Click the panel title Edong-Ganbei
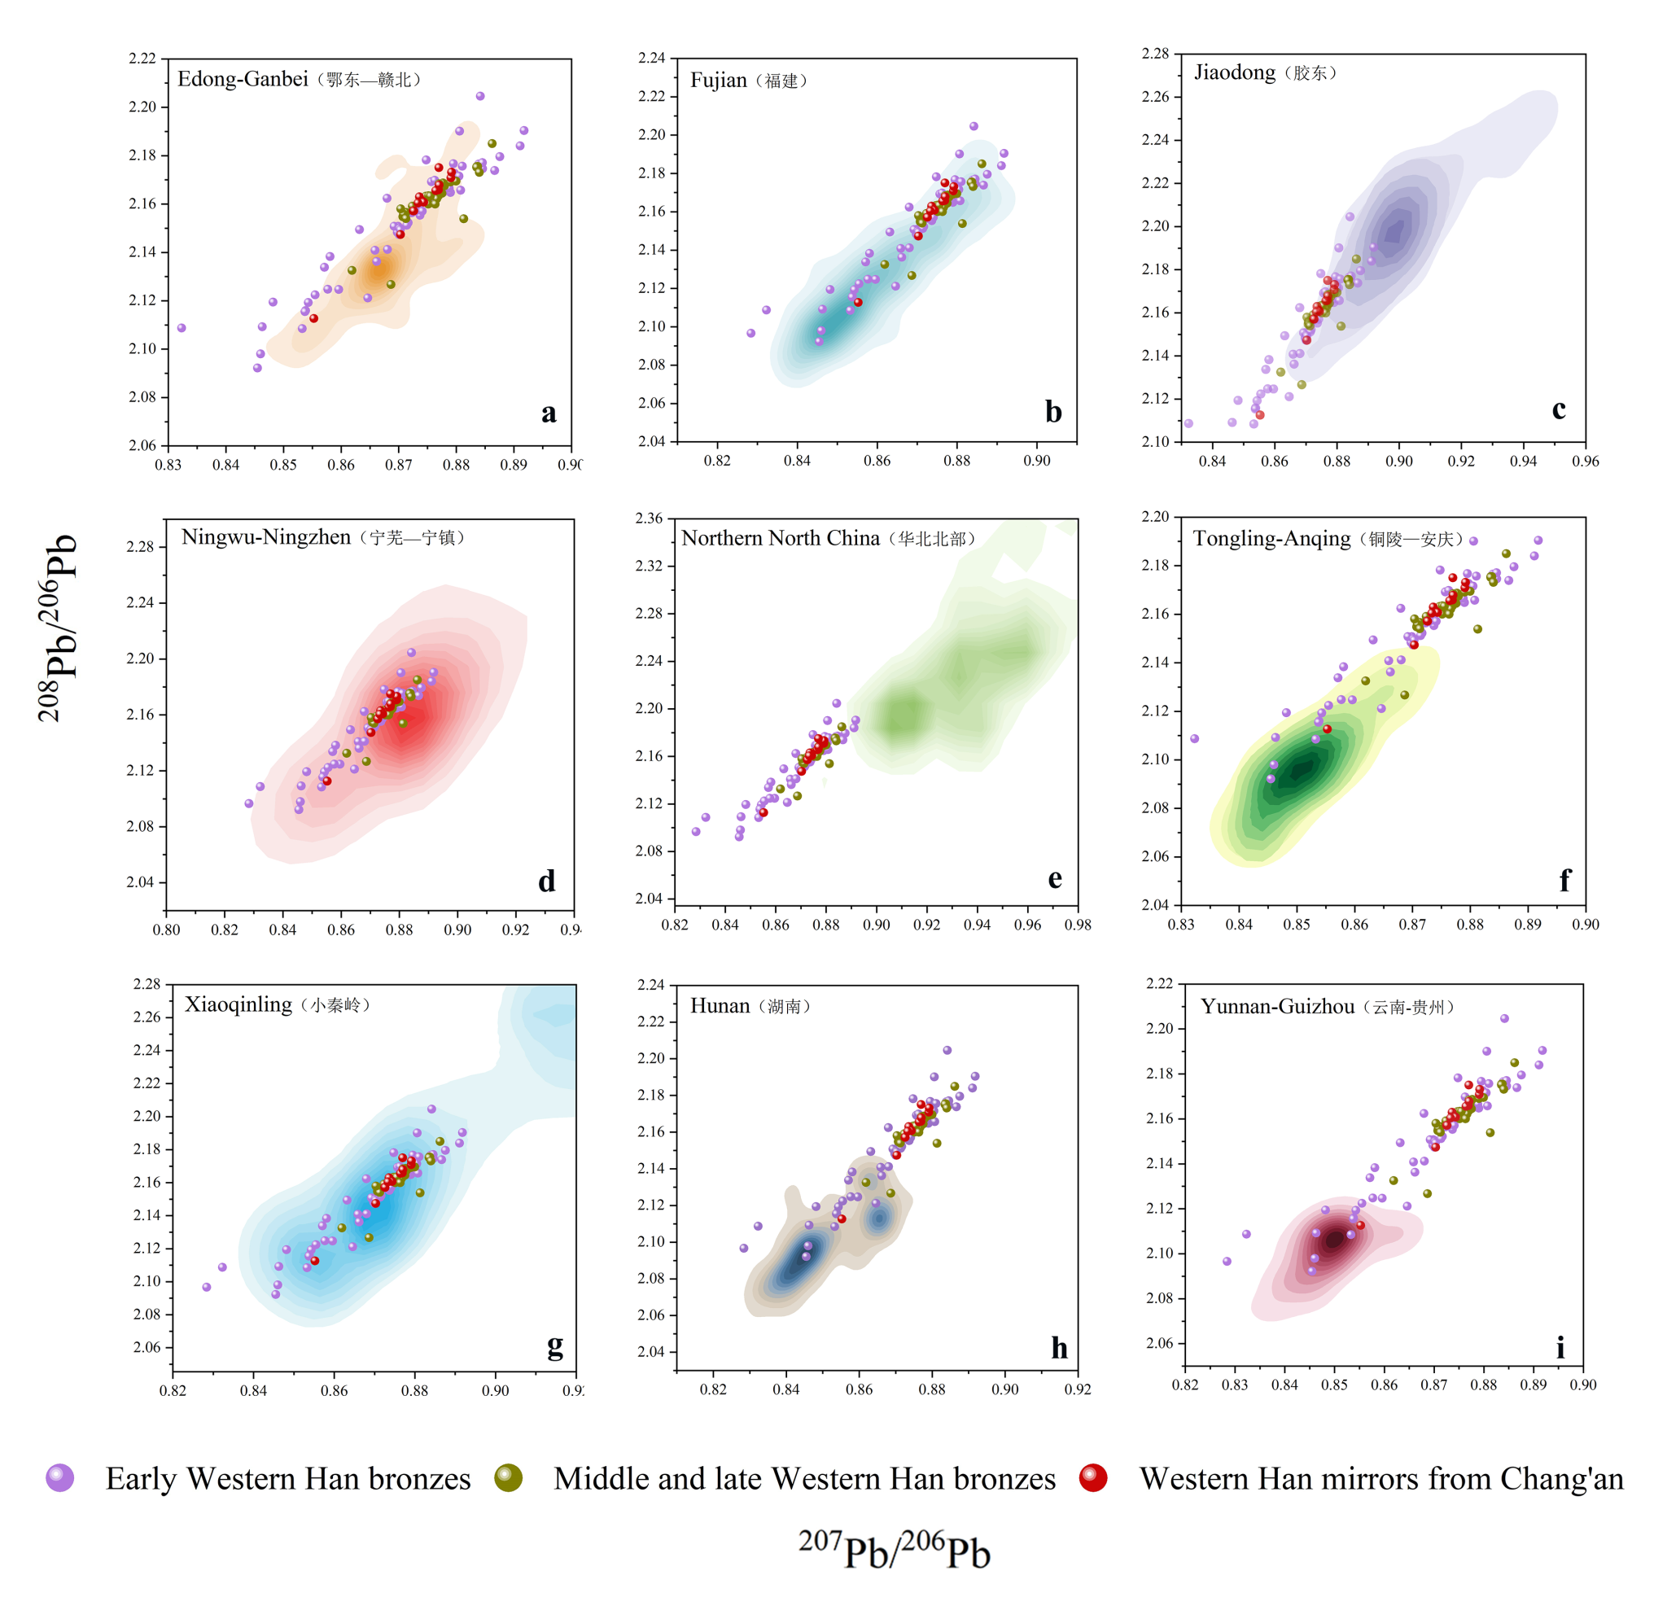click(299, 79)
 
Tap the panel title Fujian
click(749, 81)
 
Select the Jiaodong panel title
click(1265, 72)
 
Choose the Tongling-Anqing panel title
click(1328, 538)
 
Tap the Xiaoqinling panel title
click(278, 1004)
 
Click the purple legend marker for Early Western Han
click(59, 1478)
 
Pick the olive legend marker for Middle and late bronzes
click(509, 1478)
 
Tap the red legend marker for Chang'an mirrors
click(1093, 1478)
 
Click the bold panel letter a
click(549, 413)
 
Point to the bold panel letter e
click(1055, 878)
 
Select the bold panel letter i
click(1560, 1347)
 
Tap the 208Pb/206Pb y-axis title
click(58, 628)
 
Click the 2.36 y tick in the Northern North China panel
click(649, 518)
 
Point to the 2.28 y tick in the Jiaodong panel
click(1155, 54)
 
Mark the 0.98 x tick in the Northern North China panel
click(1078, 925)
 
